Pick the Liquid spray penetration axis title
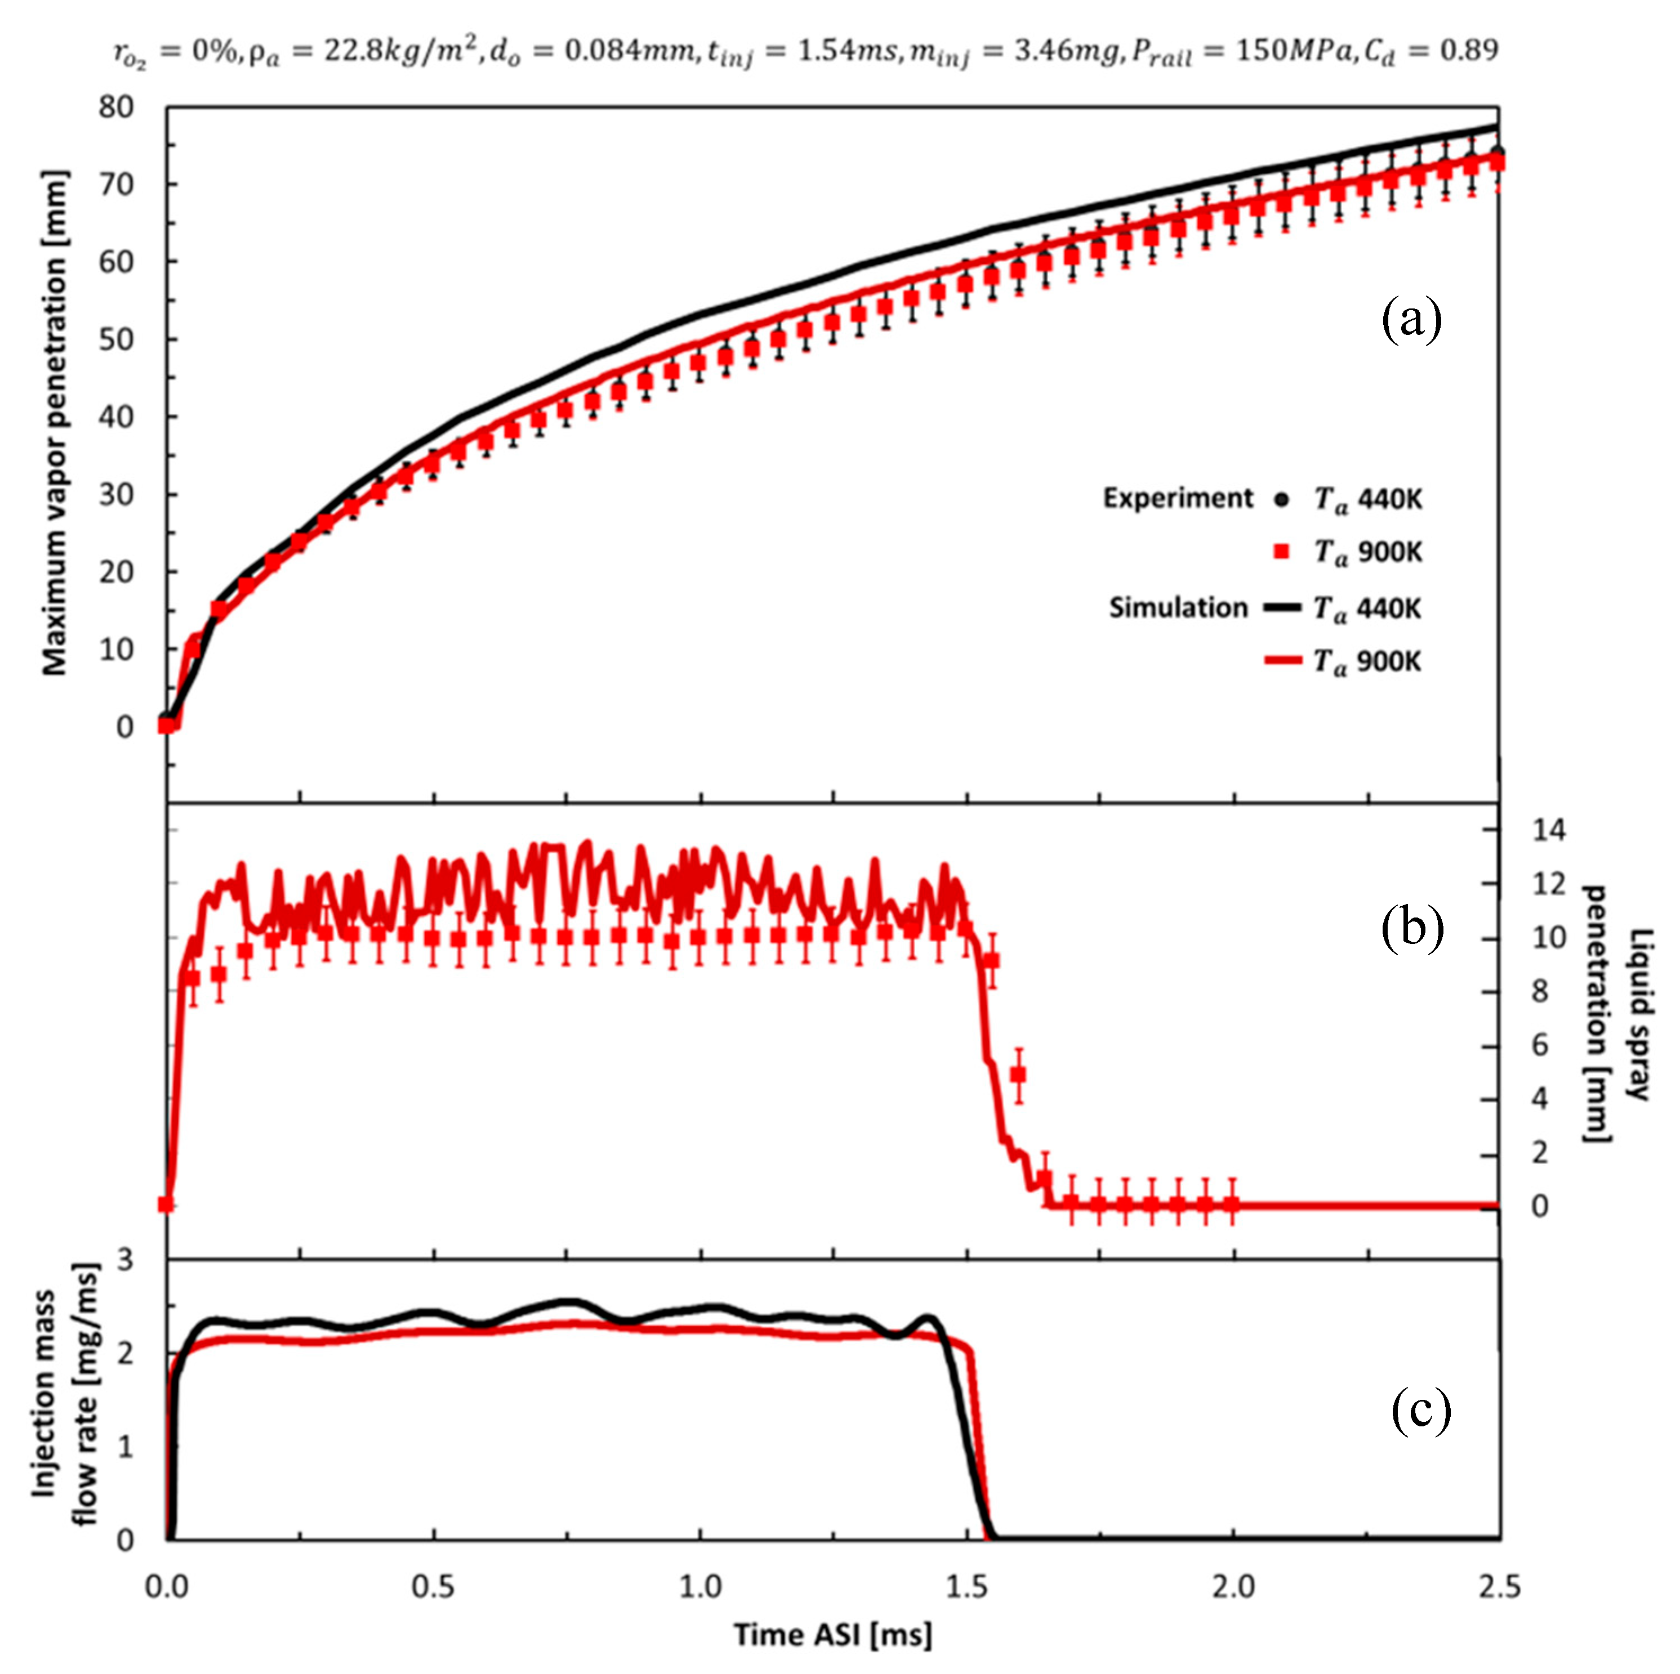(x=1616, y=1013)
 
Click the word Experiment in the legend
(x=1178, y=498)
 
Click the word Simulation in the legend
(x=1178, y=607)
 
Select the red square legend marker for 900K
(x=1281, y=551)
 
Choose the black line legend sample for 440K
(x=1282, y=607)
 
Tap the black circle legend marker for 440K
(x=1281, y=499)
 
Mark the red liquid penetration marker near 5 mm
(x=1018, y=1075)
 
